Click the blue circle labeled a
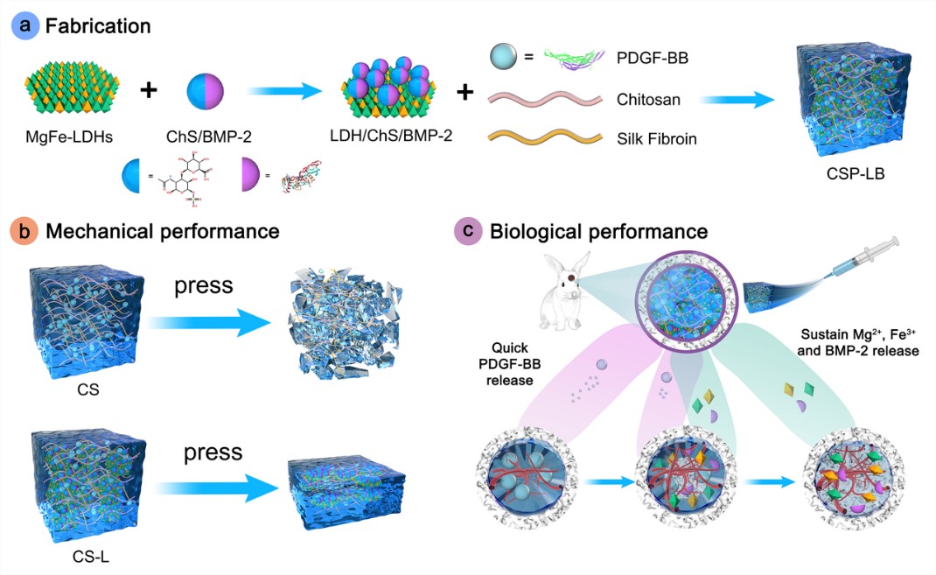pos(25,26)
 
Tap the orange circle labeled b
pos(24,231)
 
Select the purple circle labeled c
pos(468,231)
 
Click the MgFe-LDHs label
pos(69,137)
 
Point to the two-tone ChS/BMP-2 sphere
pos(206,91)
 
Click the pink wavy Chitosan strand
pos(545,98)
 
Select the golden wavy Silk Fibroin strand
pos(545,137)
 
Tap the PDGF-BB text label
pos(653,58)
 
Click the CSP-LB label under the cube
pos(856,174)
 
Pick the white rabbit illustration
pos(565,291)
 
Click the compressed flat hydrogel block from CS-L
pos(346,492)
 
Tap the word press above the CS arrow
pos(204,286)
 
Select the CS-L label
pos(91,557)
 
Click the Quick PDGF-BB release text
pos(510,363)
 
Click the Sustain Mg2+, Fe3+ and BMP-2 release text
pos(858,342)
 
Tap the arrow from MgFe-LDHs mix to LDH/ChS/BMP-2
pos(285,91)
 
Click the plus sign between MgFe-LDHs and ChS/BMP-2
pos(149,91)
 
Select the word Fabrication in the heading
pos(98,26)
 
